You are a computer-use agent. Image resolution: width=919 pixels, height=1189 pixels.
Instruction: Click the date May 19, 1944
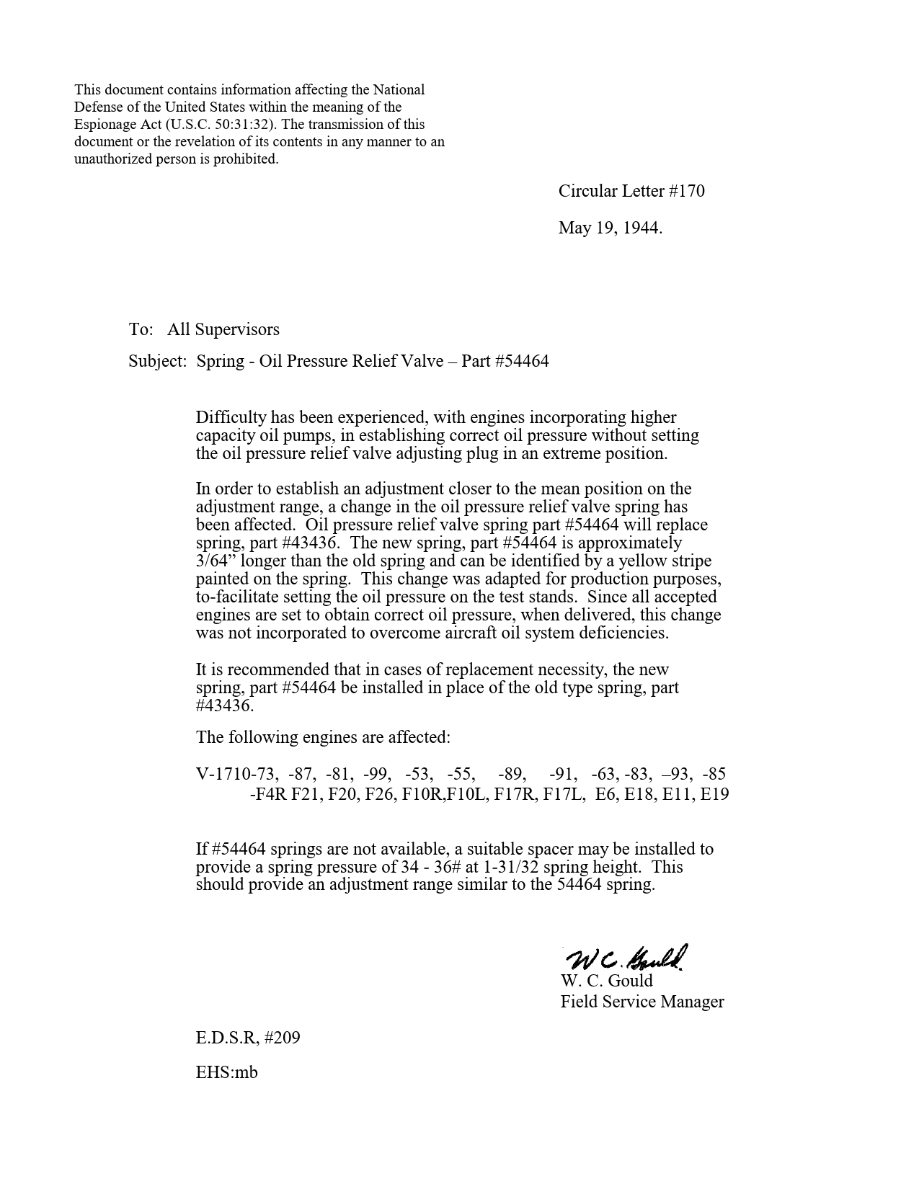click(610, 228)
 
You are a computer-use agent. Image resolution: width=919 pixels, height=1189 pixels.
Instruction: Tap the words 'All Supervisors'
click(223, 330)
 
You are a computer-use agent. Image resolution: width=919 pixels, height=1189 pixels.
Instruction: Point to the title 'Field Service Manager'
click(641, 1002)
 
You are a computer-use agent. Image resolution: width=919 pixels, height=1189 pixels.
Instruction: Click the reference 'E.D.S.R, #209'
click(247, 1038)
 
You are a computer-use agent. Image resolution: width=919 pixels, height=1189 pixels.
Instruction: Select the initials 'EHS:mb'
click(226, 1072)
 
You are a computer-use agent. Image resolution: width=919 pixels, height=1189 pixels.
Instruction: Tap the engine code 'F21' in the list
click(306, 795)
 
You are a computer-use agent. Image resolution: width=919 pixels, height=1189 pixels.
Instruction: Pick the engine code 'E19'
click(714, 795)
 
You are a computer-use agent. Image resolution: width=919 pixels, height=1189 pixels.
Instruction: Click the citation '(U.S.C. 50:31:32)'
click(223, 125)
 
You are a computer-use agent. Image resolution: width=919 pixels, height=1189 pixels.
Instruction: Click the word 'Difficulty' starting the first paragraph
click(231, 418)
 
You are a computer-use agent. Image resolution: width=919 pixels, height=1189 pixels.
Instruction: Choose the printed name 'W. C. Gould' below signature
click(606, 981)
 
